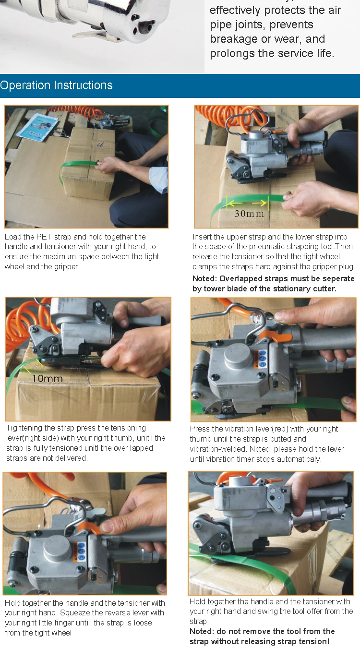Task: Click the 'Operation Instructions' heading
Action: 56,85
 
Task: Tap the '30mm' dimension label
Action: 249,213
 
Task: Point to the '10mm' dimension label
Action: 48,378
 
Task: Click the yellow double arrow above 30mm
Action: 247,202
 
